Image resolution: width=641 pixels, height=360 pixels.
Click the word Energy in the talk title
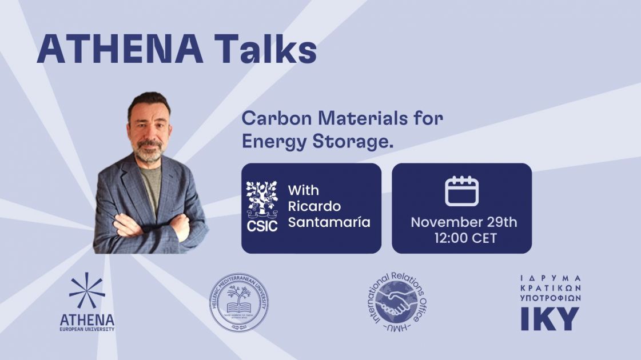271,141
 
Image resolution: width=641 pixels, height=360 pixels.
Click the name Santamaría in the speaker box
329,222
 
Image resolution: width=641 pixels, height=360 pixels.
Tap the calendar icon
461,191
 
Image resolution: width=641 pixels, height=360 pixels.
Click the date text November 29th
464,222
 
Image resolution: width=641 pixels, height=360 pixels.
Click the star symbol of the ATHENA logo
87,291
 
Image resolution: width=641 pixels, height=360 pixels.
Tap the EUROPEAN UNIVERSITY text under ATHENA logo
87,329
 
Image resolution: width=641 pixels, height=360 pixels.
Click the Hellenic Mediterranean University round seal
239,303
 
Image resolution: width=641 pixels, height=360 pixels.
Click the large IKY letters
550,318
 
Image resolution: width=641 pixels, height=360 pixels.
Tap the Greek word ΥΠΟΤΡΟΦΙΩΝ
550,298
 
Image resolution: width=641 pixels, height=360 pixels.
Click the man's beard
149,153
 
